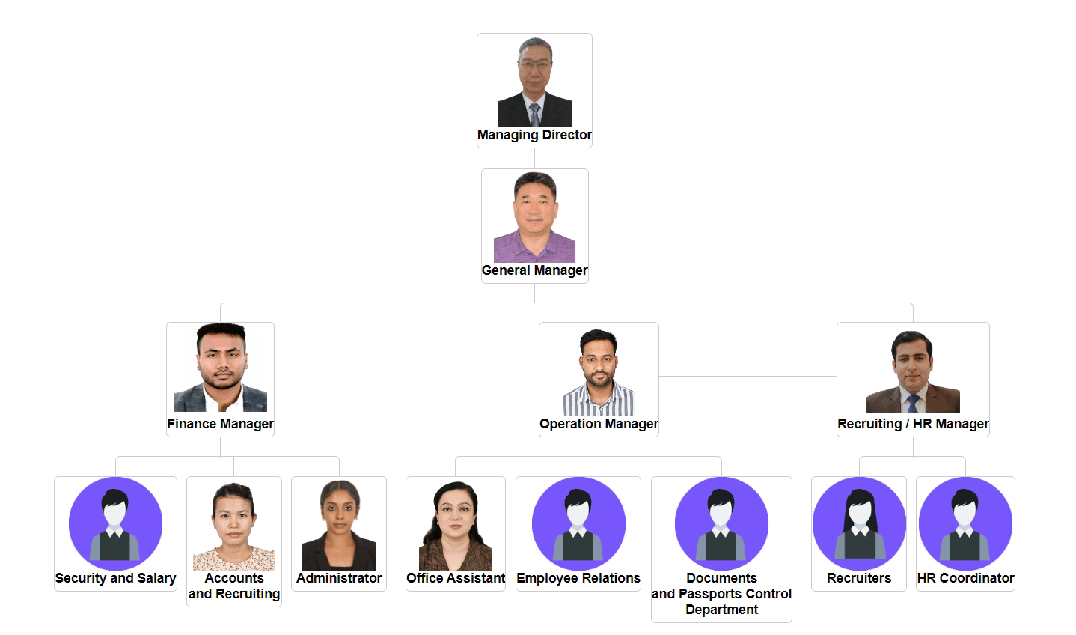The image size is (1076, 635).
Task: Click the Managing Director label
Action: tap(534, 135)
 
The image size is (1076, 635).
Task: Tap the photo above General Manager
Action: tap(534, 217)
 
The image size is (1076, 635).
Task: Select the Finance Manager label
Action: tap(220, 424)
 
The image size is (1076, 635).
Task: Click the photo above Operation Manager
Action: tap(599, 372)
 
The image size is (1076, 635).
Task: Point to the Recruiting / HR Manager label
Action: tap(913, 424)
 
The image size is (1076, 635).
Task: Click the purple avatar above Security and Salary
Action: tap(115, 523)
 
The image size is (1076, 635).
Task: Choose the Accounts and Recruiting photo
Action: tap(234, 526)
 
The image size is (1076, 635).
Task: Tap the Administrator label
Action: tap(339, 578)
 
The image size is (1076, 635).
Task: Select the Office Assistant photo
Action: tap(456, 526)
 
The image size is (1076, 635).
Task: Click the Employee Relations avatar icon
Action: tap(578, 523)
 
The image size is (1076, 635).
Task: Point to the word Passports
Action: tap(722, 594)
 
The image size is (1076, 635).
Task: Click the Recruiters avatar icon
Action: tap(859, 523)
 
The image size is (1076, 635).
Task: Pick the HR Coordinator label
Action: tap(965, 578)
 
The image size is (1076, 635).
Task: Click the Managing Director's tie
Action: tap(534, 115)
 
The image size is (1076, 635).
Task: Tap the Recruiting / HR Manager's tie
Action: tap(913, 404)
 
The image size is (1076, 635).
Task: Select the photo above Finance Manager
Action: tap(220, 368)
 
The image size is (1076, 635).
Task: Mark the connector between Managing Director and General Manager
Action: tap(534, 158)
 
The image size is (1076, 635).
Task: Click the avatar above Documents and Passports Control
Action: tap(721, 523)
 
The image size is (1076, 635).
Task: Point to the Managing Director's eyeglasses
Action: tap(534, 65)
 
